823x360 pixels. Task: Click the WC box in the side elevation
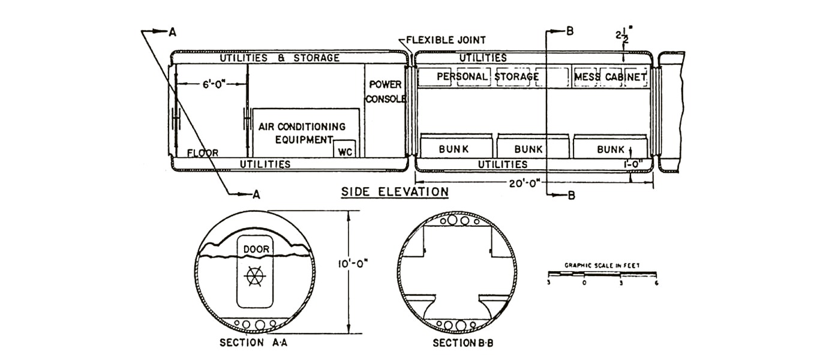coord(345,149)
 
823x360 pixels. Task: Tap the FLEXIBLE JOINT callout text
coord(446,40)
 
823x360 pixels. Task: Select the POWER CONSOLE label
coord(386,92)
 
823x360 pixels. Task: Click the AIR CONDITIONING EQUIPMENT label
coord(302,133)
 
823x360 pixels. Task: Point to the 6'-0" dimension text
coord(214,84)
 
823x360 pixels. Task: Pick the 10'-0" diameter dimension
coord(353,264)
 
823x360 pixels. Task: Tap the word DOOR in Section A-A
coord(256,249)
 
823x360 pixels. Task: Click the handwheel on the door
coord(254,276)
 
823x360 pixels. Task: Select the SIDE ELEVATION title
coord(395,192)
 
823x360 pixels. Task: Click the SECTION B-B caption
coord(463,343)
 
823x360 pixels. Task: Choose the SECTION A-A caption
coord(254,343)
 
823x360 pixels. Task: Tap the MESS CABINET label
coord(610,77)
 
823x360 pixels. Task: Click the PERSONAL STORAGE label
coord(488,76)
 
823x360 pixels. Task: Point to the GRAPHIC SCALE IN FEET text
coord(602,265)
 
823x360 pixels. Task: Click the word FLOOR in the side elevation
coord(202,153)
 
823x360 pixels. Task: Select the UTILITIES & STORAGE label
coord(280,58)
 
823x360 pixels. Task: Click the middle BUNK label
coord(528,149)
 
